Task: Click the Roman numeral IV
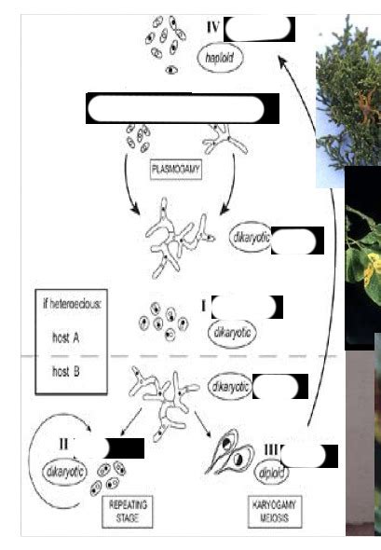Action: coord(211,28)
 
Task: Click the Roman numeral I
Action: coord(203,305)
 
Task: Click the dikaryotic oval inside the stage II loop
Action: coord(64,472)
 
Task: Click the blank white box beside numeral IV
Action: coord(259,29)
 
